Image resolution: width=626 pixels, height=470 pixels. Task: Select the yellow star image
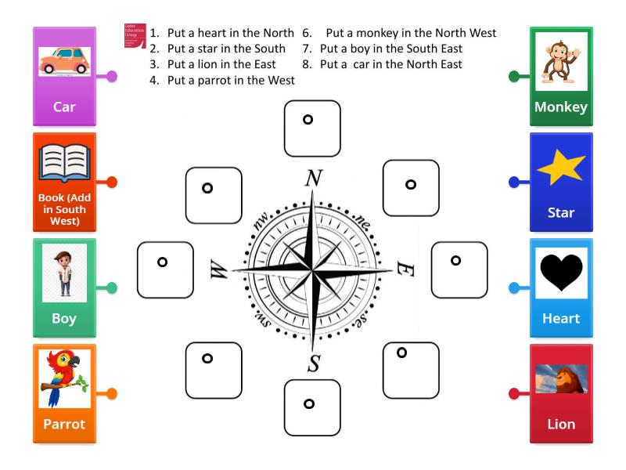click(561, 167)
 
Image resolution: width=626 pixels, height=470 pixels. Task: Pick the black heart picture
click(561, 273)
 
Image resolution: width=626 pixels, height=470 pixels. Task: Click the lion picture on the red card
click(561, 379)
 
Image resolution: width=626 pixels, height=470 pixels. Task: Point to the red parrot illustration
click(65, 379)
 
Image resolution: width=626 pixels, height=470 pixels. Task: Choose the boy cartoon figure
click(64, 273)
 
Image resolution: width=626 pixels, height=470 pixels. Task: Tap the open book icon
click(64, 163)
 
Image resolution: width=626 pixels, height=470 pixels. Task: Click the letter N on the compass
click(313, 179)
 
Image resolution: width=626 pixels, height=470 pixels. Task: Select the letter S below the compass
click(314, 363)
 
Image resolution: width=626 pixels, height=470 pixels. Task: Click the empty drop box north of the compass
click(312, 128)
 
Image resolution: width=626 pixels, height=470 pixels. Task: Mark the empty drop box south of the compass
click(312, 407)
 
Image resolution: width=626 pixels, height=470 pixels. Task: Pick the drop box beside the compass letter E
click(459, 269)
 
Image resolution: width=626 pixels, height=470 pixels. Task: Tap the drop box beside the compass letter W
click(165, 269)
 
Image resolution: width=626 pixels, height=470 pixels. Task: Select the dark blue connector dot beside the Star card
click(514, 182)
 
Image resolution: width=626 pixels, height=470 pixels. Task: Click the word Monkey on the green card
click(561, 107)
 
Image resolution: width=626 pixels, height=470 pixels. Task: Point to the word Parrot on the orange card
click(64, 424)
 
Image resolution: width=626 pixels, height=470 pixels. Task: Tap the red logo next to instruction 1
click(135, 36)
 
